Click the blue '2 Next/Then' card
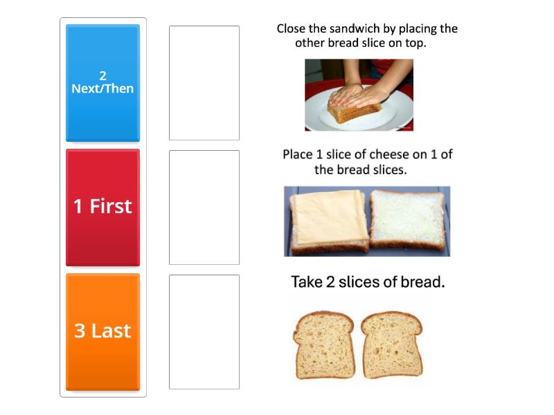click(x=102, y=83)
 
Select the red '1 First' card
click(x=102, y=207)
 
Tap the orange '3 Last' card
click(x=102, y=331)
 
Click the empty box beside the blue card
click(x=204, y=83)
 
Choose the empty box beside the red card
click(x=204, y=207)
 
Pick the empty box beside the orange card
click(x=204, y=331)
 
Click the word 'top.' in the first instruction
click(x=413, y=43)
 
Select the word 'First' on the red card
click(x=111, y=207)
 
